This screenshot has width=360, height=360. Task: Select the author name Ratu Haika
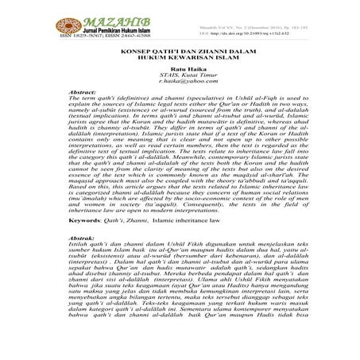tap(180, 98)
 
